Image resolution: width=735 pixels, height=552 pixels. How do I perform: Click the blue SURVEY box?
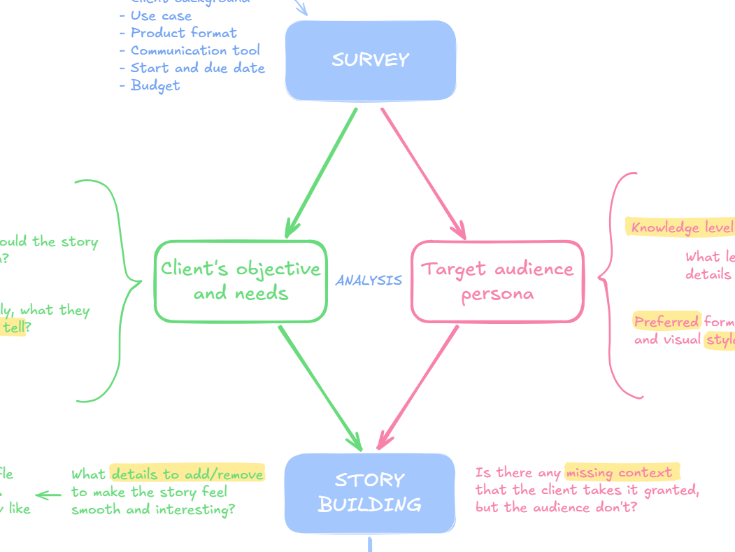[x=370, y=60]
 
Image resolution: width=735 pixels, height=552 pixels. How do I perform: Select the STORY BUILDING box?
[x=369, y=493]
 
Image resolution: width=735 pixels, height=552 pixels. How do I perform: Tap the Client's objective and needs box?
[x=240, y=281]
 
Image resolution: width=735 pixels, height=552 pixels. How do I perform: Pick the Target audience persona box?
[x=497, y=281]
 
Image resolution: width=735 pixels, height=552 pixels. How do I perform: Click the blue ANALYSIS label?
[x=369, y=281]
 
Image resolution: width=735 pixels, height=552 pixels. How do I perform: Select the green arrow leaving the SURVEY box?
[x=322, y=171]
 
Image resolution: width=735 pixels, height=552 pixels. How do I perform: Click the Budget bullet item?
[x=155, y=85]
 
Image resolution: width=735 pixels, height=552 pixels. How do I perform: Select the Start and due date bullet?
[x=197, y=68]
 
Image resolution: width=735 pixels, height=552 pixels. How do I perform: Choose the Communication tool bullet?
[x=195, y=50]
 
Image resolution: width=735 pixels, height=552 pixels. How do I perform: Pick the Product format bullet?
[x=183, y=33]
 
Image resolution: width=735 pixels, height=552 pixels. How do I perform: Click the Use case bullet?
[x=161, y=15]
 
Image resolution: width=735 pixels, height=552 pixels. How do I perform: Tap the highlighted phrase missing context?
[x=620, y=472]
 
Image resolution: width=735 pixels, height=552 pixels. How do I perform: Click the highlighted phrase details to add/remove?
[x=187, y=474]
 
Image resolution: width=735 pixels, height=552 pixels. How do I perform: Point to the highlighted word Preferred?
[x=666, y=321]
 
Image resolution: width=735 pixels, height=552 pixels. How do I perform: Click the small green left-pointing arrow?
[x=48, y=495]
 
